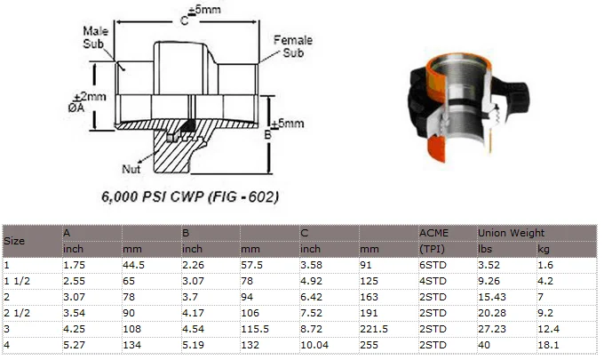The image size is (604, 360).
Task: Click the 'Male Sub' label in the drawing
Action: click(x=96, y=37)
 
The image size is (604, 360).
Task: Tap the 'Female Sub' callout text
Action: click(x=293, y=46)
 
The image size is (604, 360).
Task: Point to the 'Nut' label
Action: click(x=131, y=169)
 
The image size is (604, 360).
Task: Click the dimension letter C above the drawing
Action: click(x=185, y=20)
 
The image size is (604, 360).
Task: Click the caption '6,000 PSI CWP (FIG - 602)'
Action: click(x=190, y=196)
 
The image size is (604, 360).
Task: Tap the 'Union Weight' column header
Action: click(x=511, y=233)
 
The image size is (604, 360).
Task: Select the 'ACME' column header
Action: click(x=433, y=233)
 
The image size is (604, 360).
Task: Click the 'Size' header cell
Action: click(x=14, y=241)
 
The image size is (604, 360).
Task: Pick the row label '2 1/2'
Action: click(x=17, y=313)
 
